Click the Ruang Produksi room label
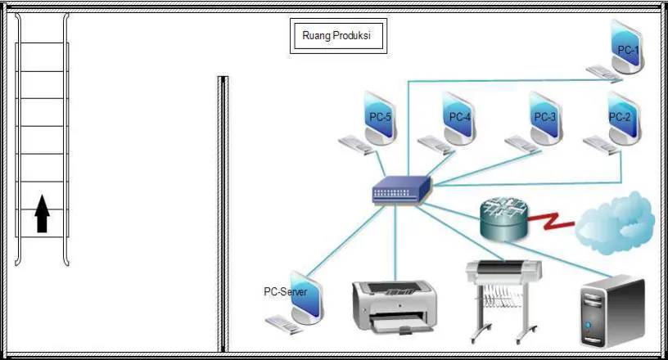(336, 35)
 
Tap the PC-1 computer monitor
(627, 47)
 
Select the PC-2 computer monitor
(624, 119)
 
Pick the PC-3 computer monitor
(546, 119)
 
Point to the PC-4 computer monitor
(458, 119)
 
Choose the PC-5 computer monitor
(380, 119)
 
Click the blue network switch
(401, 190)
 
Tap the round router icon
(504, 219)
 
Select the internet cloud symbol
(615, 223)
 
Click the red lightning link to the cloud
(551, 220)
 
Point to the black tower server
(612, 312)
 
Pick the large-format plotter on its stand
(504, 301)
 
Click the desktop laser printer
(394, 307)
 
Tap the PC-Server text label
(286, 292)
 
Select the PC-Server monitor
(307, 298)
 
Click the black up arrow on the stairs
(42, 214)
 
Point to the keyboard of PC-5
(357, 145)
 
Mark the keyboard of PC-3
(523, 145)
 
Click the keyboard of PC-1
(604, 74)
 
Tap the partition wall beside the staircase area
(223, 214)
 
